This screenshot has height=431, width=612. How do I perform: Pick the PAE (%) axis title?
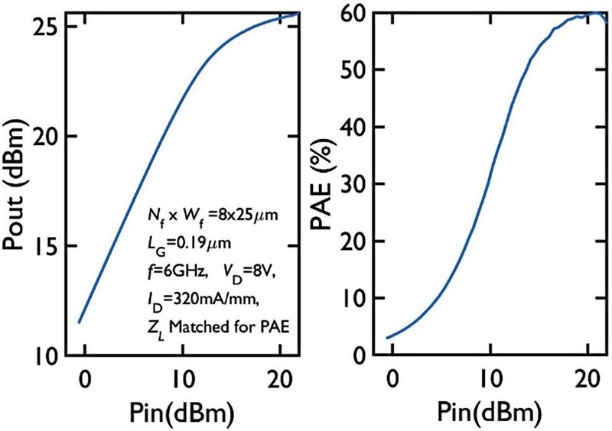click(x=325, y=183)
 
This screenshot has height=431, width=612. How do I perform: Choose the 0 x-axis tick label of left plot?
click(x=85, y=377)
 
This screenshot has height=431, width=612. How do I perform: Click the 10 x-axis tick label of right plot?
click(x=487, y=377)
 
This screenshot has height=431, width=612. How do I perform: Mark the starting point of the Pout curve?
click(x=78, y=322)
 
